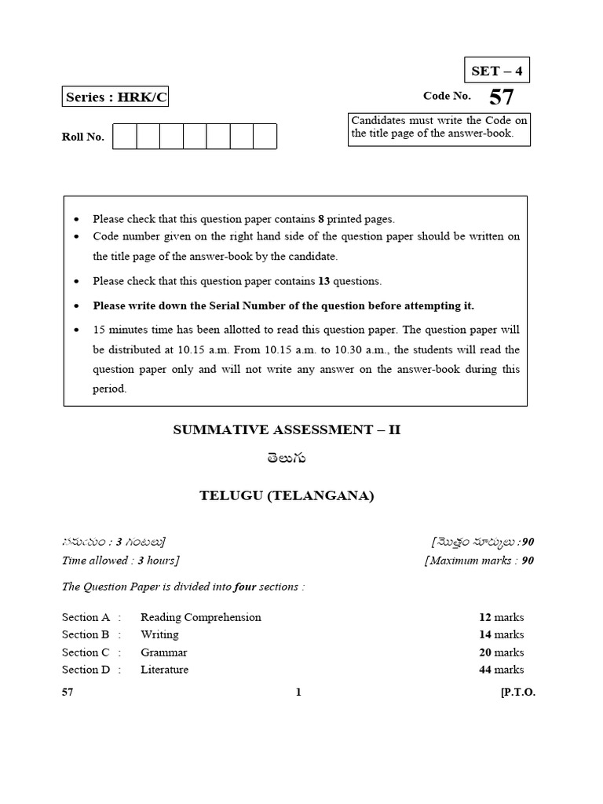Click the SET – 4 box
pos(496,71)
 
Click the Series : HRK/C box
pos(115,97)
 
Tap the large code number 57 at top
pos(502,98)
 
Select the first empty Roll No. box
pos(125,136)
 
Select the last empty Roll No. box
pos(265,136)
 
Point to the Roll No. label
pos(83,137)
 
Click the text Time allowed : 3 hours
pos(120,561)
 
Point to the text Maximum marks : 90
pos(480,561)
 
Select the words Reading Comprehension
pos(201,617)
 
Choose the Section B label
pos(86,634)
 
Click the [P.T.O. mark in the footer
pos(517,693)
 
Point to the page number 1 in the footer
pos(298,693)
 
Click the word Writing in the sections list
pos(159,634)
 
